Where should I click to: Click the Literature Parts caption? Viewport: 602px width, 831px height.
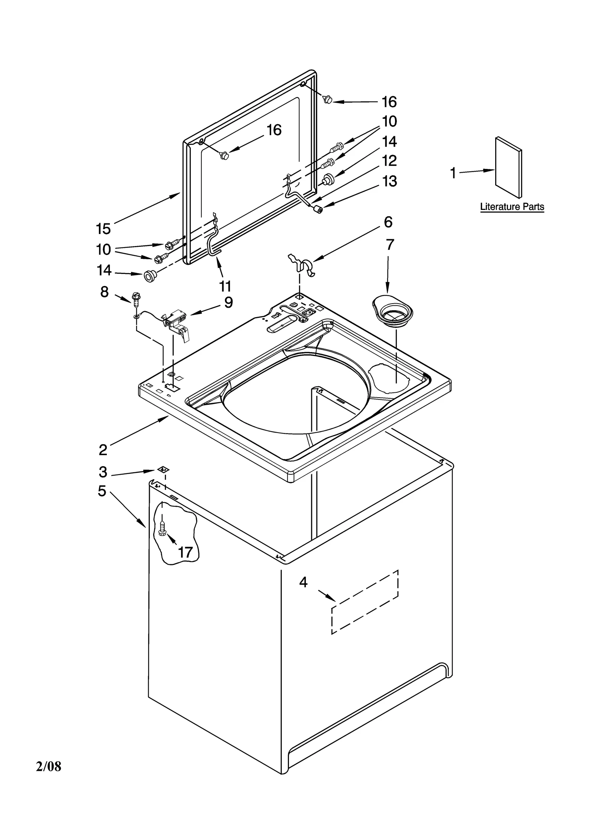(x=512, y=207)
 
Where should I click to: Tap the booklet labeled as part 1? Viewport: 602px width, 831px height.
(x=508, y=167)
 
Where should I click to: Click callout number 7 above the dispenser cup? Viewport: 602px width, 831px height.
(x=390, y=245)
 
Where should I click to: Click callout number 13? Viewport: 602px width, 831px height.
(x=389, y=181)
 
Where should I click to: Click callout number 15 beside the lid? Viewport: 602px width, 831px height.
(x=103, y=228)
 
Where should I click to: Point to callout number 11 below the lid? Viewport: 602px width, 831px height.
(x=225, y=286)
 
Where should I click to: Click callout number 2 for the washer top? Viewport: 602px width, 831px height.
(x=103, y=449)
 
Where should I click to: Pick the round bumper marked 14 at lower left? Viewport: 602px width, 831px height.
(x=150, y=276)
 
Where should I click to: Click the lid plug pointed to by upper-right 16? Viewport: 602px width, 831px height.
(x=328, y=100)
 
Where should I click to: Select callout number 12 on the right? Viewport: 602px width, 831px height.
(x=389, y=161)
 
